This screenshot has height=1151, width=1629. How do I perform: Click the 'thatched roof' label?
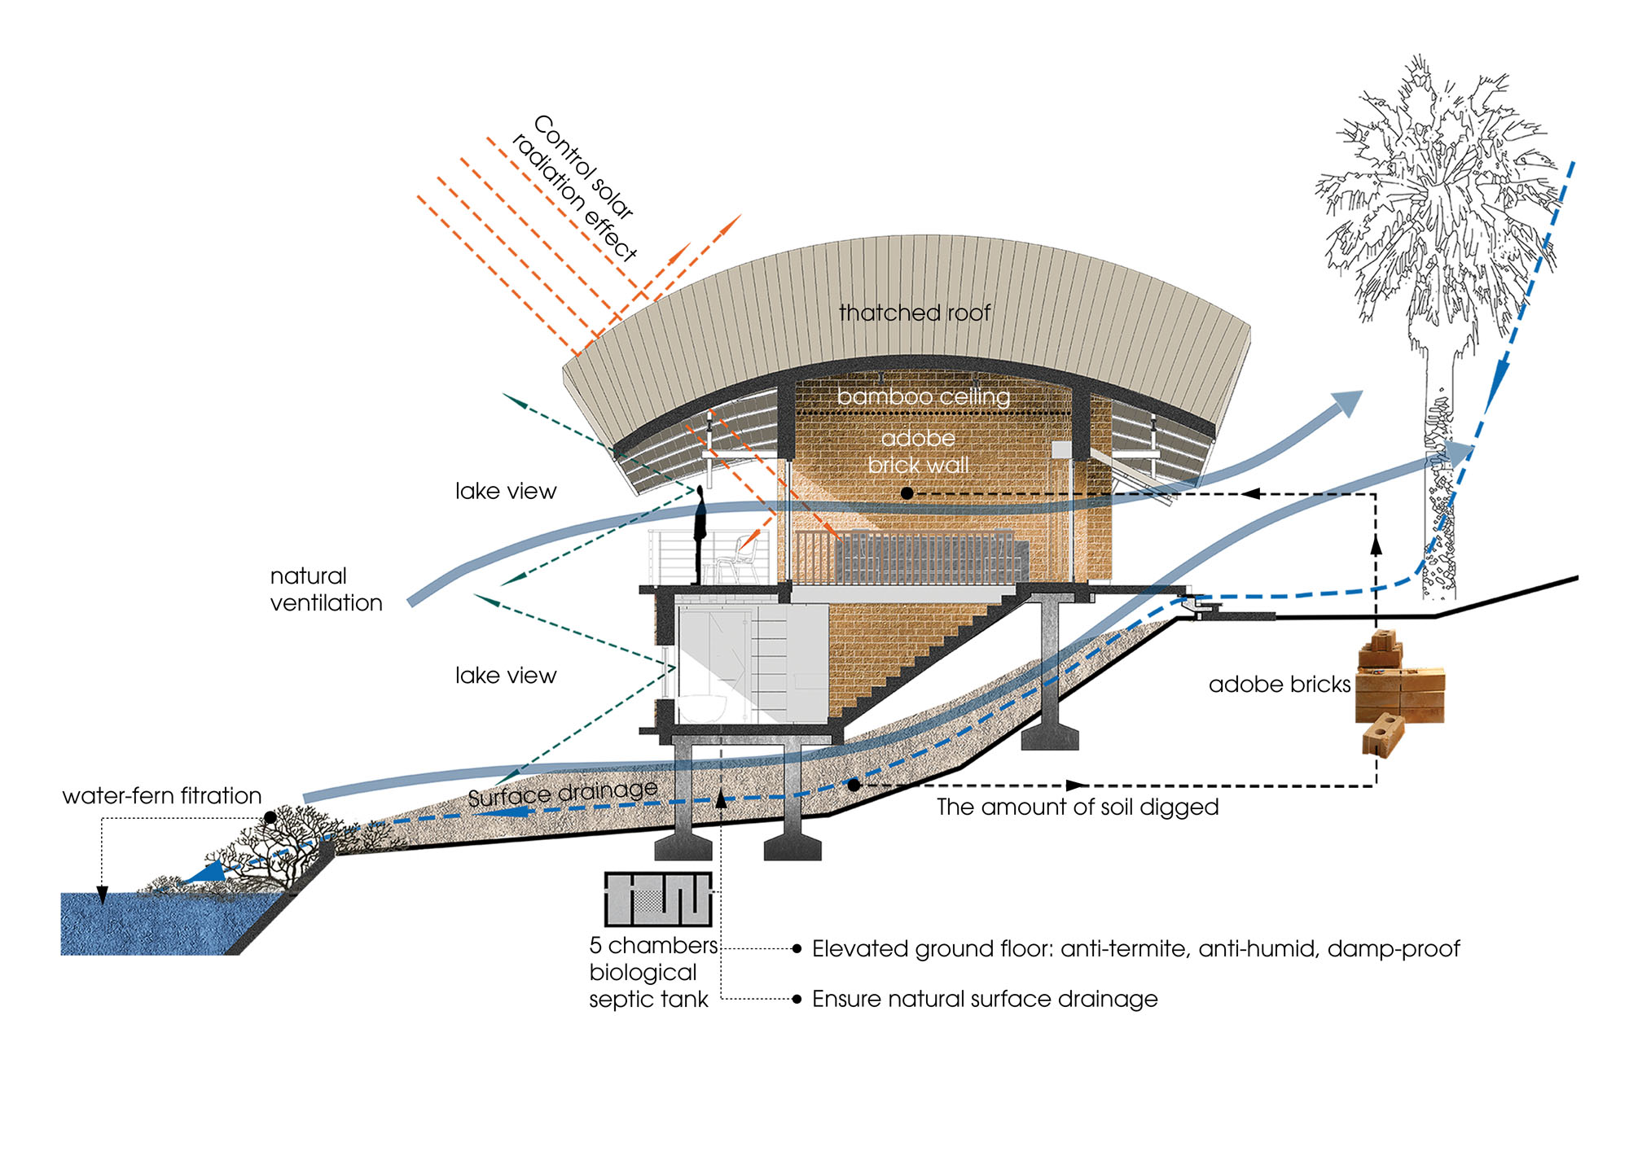[915, 313]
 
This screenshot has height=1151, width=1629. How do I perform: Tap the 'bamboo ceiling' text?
[923, 396]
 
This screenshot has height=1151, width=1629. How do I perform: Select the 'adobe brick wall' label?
[918, 452]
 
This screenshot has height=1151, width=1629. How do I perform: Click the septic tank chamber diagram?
[658, 899]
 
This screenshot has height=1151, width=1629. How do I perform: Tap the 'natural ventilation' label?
[326, 589]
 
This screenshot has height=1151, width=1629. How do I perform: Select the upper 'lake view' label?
[505, 491]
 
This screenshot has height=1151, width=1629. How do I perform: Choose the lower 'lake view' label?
[505, 676]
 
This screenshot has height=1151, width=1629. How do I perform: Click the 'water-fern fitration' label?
[162, 795]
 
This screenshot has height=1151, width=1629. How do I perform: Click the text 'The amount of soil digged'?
[1077, 807]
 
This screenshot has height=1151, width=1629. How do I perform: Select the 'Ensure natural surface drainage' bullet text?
[984, 999]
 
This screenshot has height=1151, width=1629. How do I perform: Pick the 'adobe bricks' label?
[1279, 685]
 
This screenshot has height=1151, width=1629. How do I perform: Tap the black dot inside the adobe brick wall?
[907, 493]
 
